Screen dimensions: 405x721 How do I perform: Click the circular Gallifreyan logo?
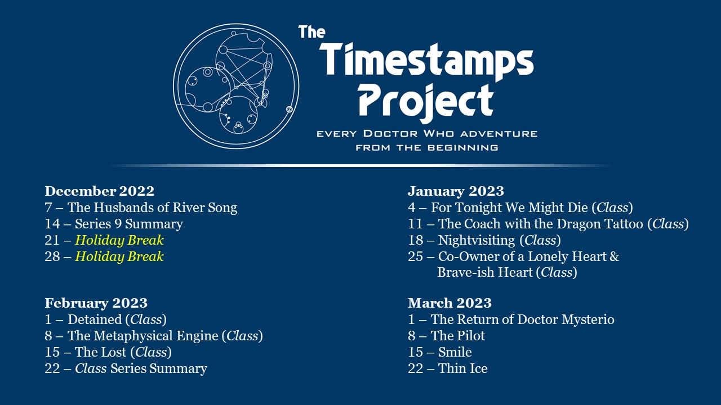236,86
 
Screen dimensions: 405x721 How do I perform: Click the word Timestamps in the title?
426,61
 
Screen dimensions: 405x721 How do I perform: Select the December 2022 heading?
99,191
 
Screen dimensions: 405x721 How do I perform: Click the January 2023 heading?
456,191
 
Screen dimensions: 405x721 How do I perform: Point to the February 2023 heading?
96,303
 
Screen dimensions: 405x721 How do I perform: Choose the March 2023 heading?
449,303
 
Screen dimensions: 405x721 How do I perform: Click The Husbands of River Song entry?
152,208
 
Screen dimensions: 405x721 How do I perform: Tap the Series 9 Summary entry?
128,224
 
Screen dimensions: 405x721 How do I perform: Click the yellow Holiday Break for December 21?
119,240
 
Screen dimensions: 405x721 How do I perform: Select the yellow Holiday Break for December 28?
119,256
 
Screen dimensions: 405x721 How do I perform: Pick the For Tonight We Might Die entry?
511,208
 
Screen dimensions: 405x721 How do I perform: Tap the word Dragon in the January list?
580,224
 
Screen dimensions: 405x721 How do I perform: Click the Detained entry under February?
95,319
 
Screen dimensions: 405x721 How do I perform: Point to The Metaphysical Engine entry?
143,336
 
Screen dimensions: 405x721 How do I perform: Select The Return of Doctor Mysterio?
522,319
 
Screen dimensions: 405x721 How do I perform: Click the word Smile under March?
455,352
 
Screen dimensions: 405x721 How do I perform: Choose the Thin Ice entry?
462,368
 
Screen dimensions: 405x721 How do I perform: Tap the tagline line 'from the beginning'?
426,147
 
